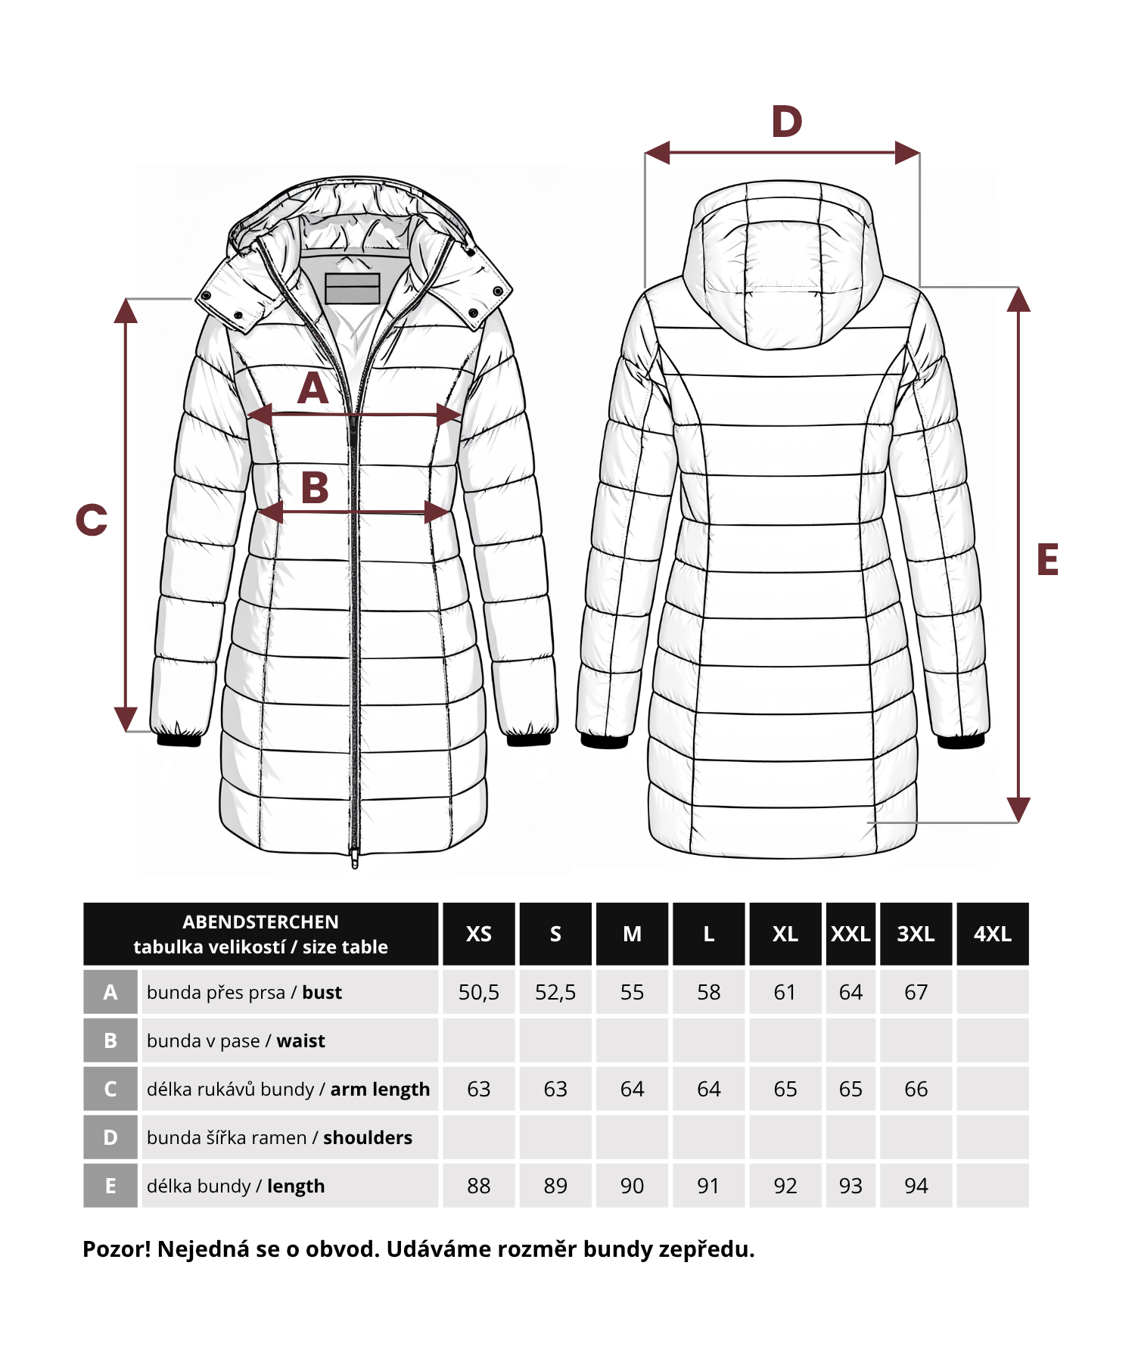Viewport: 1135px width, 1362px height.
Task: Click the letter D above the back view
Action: pyautogui.click(x=786, y=122)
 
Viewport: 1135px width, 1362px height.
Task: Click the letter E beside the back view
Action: pyautogui.click(x=1047, y=560)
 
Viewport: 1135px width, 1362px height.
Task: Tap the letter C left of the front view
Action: pyautogui.click(x=92, y=520)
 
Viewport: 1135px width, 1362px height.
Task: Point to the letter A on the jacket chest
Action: pyautogui.click(x=313, y=389)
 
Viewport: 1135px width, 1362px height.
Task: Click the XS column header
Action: pyautogui.click(x=479, y=934)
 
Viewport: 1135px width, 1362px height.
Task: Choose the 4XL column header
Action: pyautogui.click(x=993, y=934)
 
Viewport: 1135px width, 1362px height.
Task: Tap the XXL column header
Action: pyautogui.click(x=850, y=934)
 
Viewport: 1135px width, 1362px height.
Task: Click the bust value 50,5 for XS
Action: pyautogui.click(x=479, y=992)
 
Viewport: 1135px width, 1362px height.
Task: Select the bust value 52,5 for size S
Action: pyautogui.click(x=555, y=992)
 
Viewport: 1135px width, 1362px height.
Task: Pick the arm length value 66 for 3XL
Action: pyautogui.click(x=916, y=1089)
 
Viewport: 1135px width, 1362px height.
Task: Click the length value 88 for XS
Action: pyautogui.click(x=479, y=1186)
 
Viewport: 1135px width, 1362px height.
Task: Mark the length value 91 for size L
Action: pyautogui.click(x=708, y=1186)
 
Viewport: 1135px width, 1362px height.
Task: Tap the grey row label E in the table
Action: pyautogui.click(x=110, y=1186)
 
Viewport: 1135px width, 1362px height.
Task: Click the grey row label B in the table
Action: pyautogui.click(x=110, y=1040)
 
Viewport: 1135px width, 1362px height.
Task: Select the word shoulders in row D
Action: pyautogui.click(x=368, y=1137)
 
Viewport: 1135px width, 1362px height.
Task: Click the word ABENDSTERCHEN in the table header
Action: pyautogui.click(x=260, y=922)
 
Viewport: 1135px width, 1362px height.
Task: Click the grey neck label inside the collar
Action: pyautogui.click(x=353, y=288)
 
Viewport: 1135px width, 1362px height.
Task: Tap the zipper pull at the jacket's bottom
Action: pyautogui.click(x=354, y=858)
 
